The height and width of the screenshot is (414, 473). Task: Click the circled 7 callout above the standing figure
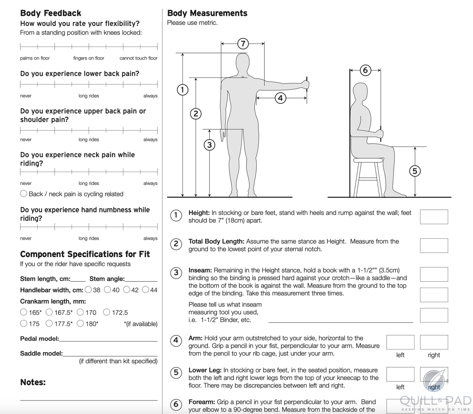click(x=243, y=44)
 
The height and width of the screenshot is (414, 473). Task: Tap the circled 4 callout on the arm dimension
click(x=280, y=98)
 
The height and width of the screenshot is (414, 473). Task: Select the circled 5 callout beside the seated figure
click(x=415, y=171)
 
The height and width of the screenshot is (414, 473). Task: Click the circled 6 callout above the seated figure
click(x=365, y=70)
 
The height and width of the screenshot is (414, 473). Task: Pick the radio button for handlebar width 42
click(x=127, y=290)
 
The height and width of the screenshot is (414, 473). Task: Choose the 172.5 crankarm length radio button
click(x=107, y=312)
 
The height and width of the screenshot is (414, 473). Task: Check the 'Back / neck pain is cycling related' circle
click(x=24, y=194)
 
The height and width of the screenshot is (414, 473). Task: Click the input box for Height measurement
click(x=434, y=217)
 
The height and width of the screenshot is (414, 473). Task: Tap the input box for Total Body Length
click(x=434, y=245)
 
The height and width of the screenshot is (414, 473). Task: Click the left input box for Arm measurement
click(x=400, y=342)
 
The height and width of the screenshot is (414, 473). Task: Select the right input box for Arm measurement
click(x=434, y=342)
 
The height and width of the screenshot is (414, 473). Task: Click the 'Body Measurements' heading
click(x=207, y=13)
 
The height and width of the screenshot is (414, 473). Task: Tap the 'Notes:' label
click(x=33, y=382)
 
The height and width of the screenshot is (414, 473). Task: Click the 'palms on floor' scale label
click(x=35, y=58)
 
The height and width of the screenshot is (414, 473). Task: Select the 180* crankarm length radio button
click(x=80, y=323)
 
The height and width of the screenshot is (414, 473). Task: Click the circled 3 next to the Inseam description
click(x=176, y=273)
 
